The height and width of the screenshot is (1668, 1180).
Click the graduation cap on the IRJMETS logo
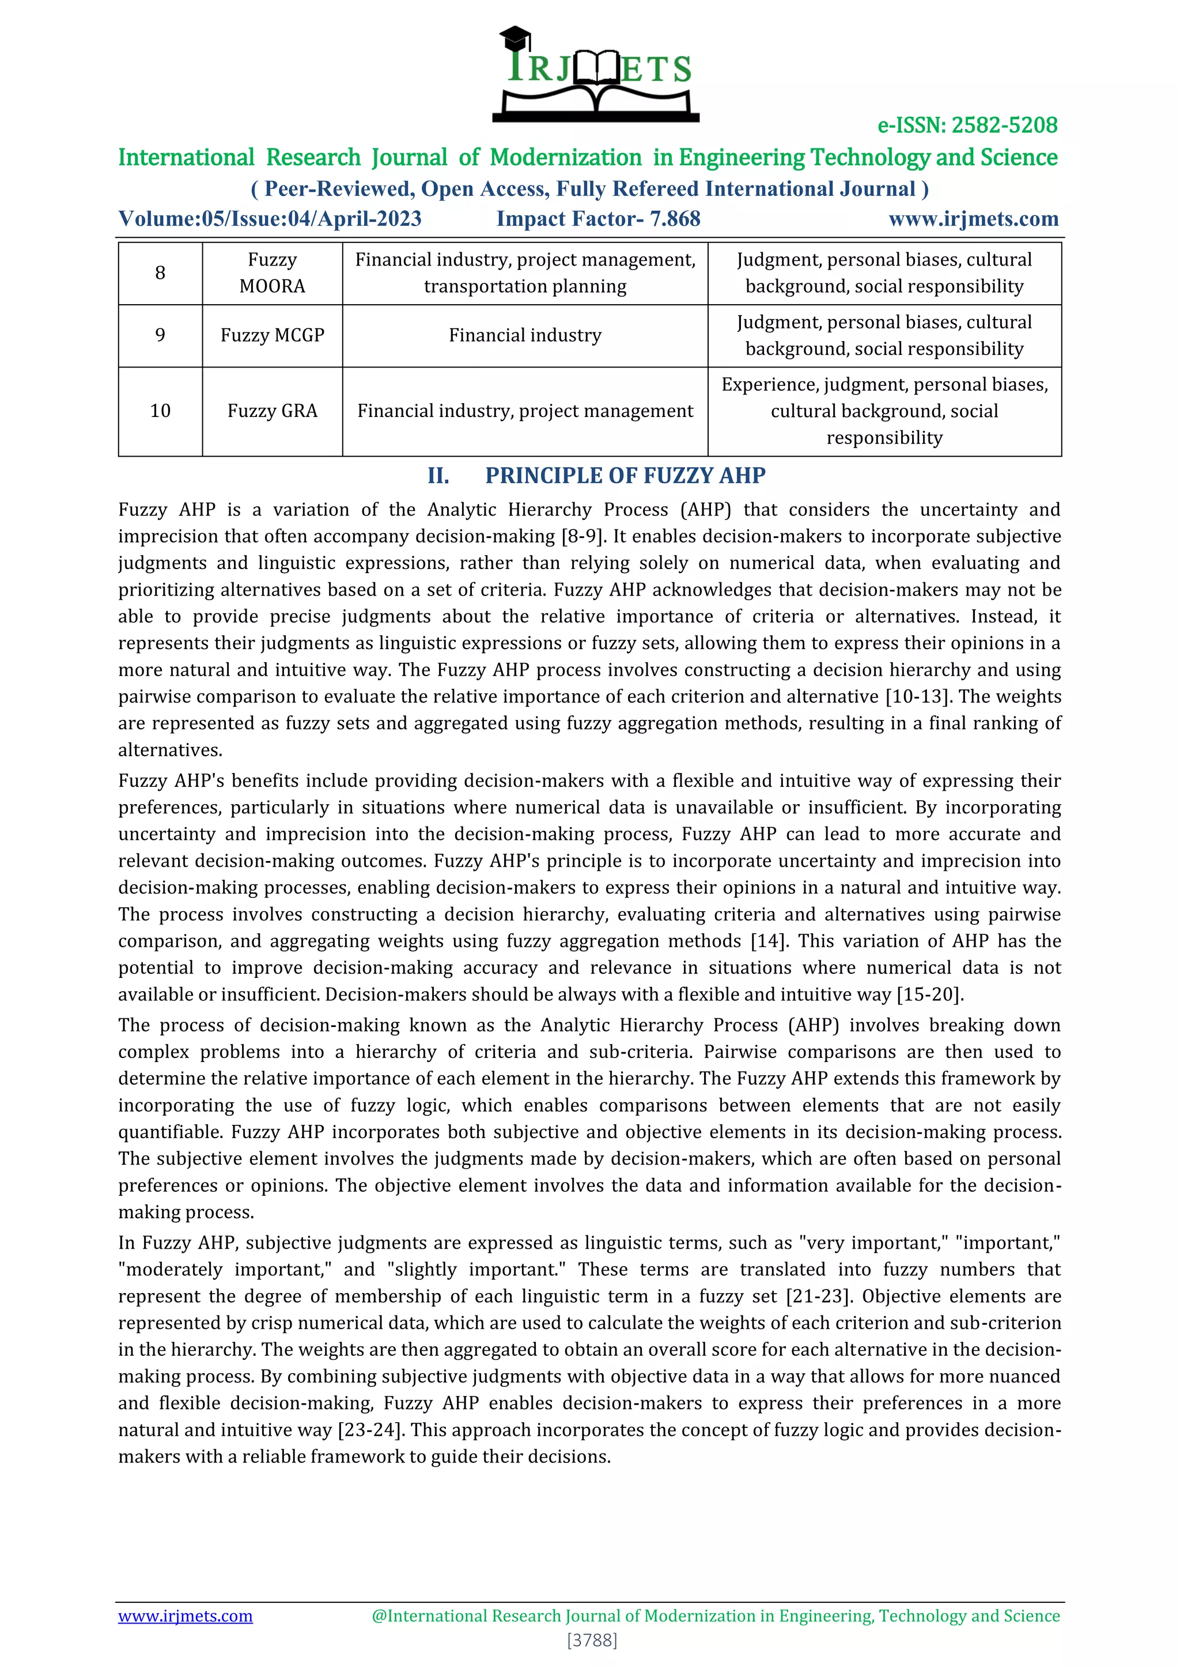515,37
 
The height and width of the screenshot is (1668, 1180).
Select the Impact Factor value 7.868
675,219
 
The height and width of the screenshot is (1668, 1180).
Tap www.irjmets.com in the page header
973,219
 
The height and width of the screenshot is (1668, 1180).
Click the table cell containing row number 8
160,273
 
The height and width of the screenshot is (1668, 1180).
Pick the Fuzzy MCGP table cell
273,336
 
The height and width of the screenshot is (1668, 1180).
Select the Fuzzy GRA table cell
273,411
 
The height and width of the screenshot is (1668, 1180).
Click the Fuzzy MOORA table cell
273,273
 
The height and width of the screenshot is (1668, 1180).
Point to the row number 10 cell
160,411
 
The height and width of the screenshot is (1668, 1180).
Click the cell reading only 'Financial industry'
525,336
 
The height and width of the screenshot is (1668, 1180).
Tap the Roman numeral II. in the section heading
438,476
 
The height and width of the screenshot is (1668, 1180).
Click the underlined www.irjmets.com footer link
186,1616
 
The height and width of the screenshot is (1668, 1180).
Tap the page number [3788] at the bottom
592,1640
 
